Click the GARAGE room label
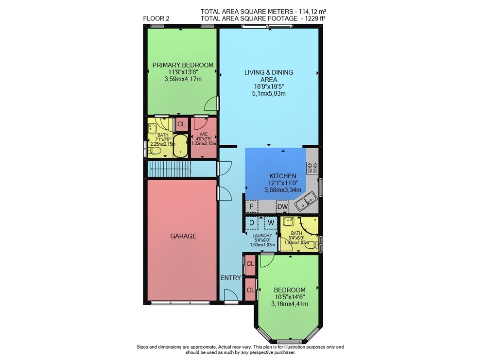[x=183, y=236]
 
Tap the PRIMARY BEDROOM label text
[x=183, y=65]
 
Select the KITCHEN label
[x=283, y=176]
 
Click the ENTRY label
[x=230, y=278]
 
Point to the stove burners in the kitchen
[x=312, y=168]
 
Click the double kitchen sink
[x=306, y=201]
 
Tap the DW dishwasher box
[x=282, y=206]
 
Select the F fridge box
[x=252, y=206]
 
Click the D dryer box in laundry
[x=252, y=223]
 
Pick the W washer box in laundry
[x=271, y=223]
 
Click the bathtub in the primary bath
[x=180, y=146]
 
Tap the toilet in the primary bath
[x=155, y=151]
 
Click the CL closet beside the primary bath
[x=181, y=124]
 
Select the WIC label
[x=204, y=135]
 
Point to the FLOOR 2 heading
[x=156, y=18]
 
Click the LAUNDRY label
[x=262, y=236]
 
